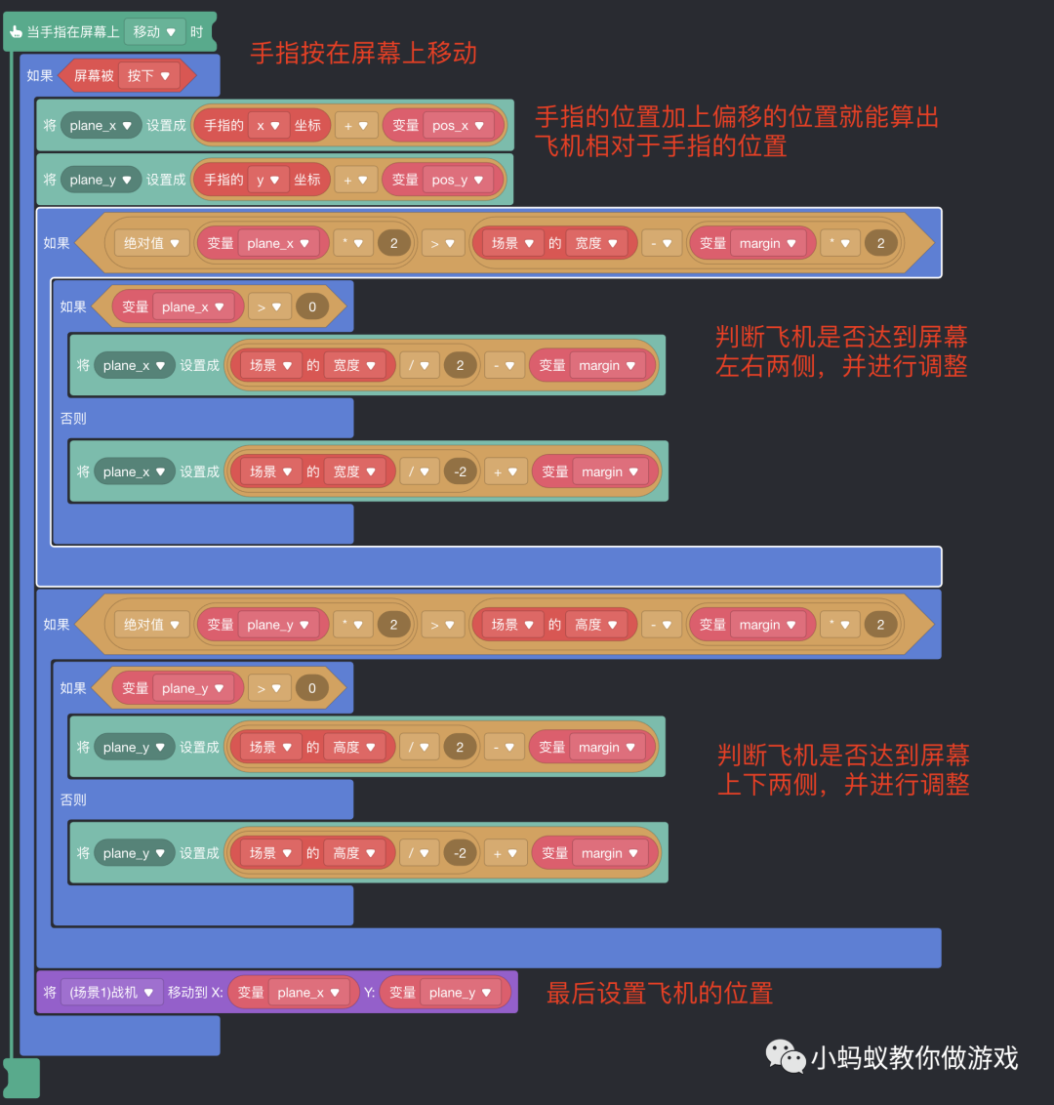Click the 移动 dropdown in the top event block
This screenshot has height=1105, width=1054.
tap(154, 32)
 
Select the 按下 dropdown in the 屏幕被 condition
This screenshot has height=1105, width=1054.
tap(148, 75)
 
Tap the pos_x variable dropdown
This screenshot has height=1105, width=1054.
tap(458, 125)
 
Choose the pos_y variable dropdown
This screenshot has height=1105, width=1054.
tap(458, 180)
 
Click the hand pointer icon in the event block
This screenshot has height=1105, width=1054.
tap(16, 32)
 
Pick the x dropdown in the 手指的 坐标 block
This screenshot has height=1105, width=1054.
tap(268, 125)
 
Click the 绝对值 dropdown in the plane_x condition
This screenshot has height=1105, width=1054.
tap(151, 243)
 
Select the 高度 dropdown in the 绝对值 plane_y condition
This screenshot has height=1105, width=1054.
tap(595, 625)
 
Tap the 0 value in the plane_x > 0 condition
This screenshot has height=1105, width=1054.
tap(312, 307)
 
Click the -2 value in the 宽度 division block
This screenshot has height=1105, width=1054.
tap(461, 471)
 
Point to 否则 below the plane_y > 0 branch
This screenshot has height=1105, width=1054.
tap(73, 799)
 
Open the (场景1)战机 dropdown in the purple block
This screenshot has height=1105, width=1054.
tap(111, 993)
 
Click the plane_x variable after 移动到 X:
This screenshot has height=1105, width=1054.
tap(307, 993)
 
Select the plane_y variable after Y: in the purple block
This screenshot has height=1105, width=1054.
tap(460, 993)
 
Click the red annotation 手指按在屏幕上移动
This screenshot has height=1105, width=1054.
tap(363, 53)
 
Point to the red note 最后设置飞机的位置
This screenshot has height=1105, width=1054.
tap(659, 994)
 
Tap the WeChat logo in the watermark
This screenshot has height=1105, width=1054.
tap(785, 1056)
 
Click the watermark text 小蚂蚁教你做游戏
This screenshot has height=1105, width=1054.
tap(914, 1058)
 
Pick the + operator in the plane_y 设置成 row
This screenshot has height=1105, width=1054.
tap(355, 180)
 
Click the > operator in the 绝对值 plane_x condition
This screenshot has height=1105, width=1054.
tap(441, 243)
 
